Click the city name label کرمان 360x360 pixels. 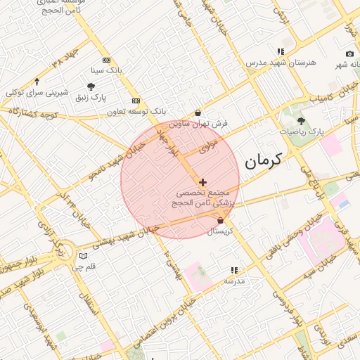[x=263, y=161]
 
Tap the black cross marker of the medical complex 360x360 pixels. [x=203, y=182]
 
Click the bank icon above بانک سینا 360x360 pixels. [x=106, y=60]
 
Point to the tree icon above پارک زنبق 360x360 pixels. [x=91, y=86]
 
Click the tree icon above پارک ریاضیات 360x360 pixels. [x=302, y=121]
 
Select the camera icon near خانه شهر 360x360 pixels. [x=349, y=54]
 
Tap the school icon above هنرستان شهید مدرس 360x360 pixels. [x=281, y=52]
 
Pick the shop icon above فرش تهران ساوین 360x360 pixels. [x=198, y=112]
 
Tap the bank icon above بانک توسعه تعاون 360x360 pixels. [x=136, y=101]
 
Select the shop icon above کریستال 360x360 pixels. [x=221, y=221]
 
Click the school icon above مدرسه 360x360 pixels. [x=234, y=270]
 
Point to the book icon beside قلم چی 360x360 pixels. [x=84, y=257]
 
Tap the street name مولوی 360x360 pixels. [x=209, y=146]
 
